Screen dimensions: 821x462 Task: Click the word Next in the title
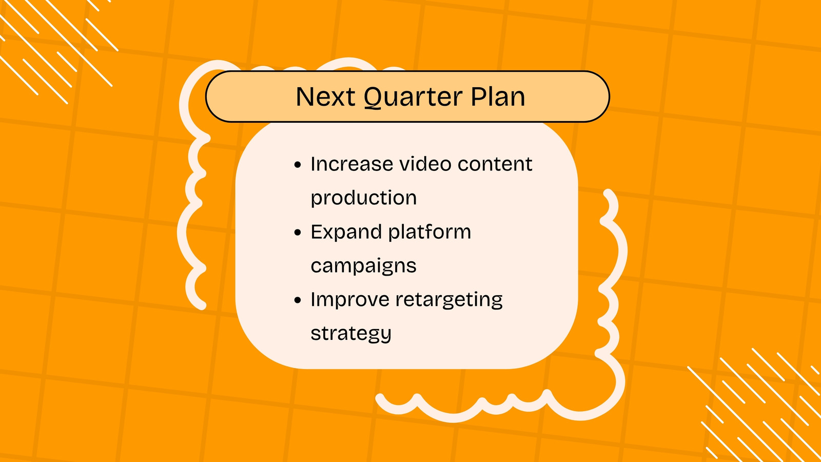pos(325,97)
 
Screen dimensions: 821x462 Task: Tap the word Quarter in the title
pos(413,98)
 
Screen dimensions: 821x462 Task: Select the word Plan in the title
pos(498,97)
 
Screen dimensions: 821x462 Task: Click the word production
pos(364,199)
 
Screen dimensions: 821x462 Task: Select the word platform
pos(429,232)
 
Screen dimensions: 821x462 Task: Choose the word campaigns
pos(364,266)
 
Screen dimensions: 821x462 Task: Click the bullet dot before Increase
pos(298,165)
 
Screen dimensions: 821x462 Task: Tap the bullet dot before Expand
pos(298,233)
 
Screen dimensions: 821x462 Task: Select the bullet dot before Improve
pos(298,300)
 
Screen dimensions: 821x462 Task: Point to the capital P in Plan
pos(478,97)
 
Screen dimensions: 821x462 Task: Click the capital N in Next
pos(305,97)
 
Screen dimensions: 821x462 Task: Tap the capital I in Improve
pos(312,300)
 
